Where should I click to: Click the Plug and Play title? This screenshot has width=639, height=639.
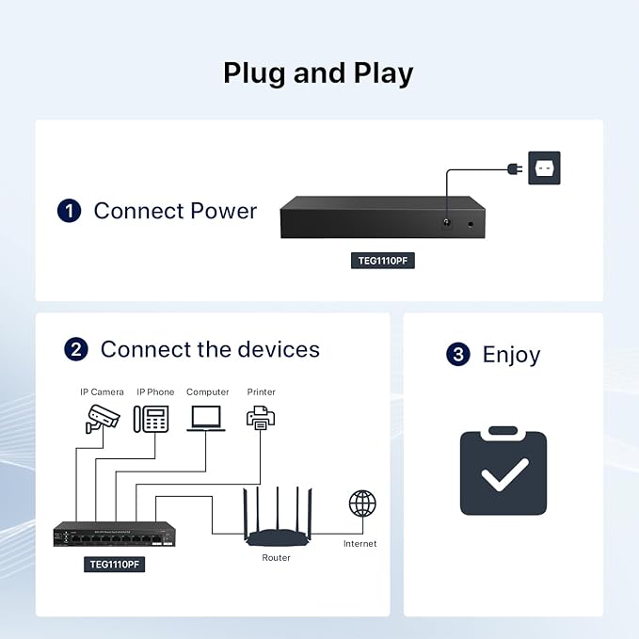318,73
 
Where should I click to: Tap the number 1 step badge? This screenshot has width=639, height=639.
69,211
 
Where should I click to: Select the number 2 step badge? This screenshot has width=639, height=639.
76,349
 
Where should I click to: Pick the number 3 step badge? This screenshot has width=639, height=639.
458,354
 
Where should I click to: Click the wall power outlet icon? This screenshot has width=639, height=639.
544,168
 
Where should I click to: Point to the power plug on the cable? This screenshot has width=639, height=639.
515,168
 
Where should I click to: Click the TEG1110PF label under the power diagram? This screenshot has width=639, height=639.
383,261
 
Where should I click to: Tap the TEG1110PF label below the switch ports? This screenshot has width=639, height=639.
114,565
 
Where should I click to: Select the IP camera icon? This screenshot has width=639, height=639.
103,419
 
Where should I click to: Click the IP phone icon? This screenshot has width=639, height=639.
152,419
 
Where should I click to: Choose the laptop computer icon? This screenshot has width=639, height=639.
206,419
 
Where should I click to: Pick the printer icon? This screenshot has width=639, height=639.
261,418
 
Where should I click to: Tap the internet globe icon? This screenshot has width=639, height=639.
362,503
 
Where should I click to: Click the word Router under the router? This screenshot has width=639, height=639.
276,558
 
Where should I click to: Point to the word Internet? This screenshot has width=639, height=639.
359,544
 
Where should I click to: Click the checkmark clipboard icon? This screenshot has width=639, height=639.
503,471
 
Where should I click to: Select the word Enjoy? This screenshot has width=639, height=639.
511,355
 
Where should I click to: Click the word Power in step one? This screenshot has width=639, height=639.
223,211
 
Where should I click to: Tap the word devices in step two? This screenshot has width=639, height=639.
279,349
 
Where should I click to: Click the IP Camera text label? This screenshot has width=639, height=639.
102,392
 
